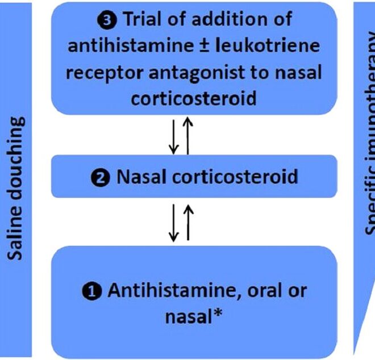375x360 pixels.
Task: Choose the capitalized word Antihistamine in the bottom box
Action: click(x=164, y=291)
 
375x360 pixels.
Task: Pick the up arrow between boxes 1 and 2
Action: click(x=188, y=221)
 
